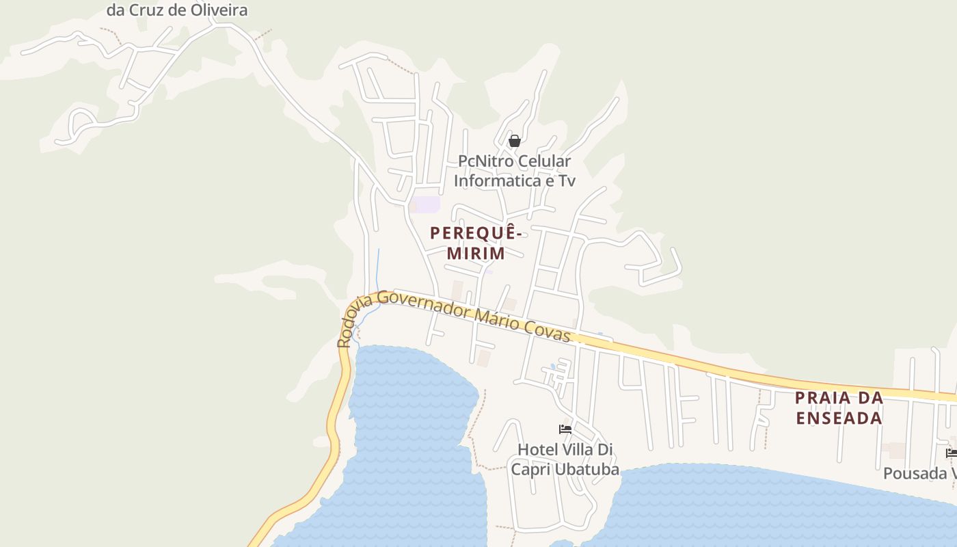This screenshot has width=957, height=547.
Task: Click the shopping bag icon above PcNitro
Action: point(515,141)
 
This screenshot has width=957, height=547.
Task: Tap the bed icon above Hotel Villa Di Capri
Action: point(565,429)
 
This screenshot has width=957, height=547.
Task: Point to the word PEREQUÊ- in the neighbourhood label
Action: point(476,233)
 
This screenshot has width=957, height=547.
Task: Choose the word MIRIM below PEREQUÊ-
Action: point(476,254)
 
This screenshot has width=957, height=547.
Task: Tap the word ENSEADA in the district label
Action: point(839,418)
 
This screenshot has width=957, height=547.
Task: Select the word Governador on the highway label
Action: point(424,305)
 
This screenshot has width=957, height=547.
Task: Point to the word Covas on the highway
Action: point(548,330)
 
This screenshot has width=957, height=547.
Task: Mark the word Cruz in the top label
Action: point(145,10)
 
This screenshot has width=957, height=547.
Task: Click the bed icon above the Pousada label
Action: point(952,453)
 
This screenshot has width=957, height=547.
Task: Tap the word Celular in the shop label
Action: point(544,161)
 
